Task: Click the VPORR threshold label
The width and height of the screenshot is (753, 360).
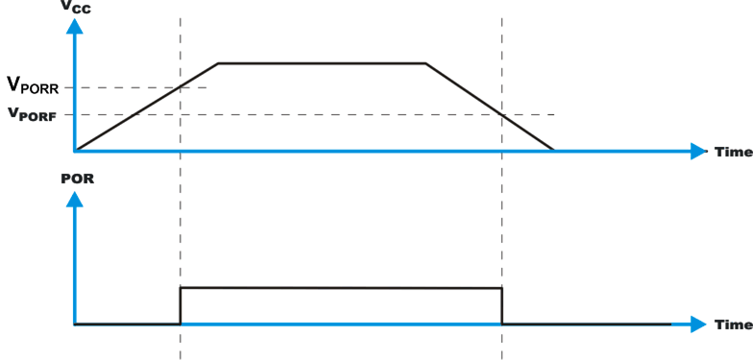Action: point(33,87)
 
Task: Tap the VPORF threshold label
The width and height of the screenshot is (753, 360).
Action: point(33,114)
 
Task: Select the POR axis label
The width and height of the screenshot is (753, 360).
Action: point(77,179)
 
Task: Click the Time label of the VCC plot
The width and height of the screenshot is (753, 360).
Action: point(733,152)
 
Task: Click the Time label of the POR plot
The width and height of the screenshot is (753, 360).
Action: point(733,325)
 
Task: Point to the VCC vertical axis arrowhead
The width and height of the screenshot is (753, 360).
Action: point(74,27)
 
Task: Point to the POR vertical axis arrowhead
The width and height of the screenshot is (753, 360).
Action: point(74,199)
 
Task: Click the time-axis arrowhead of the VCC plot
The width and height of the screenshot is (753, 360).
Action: point(699,151)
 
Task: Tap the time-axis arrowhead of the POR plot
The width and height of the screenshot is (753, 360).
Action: point(699,324)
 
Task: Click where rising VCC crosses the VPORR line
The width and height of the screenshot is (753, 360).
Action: point(180,87)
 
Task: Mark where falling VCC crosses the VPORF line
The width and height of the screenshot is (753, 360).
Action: point(502,114)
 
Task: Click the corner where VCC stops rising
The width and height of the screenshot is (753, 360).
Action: point(219,63)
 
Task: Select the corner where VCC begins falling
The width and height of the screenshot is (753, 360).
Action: point(425,63)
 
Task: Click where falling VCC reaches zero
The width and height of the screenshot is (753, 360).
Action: point(554,151)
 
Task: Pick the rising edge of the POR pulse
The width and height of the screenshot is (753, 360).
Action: point(181,305)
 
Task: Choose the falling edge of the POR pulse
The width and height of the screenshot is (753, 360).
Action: point(502,306)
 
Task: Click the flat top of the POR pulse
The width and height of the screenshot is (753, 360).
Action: point(341,287)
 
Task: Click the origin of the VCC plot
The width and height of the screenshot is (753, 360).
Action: point(74,151)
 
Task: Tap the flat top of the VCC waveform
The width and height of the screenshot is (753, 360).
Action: point(322,63)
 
